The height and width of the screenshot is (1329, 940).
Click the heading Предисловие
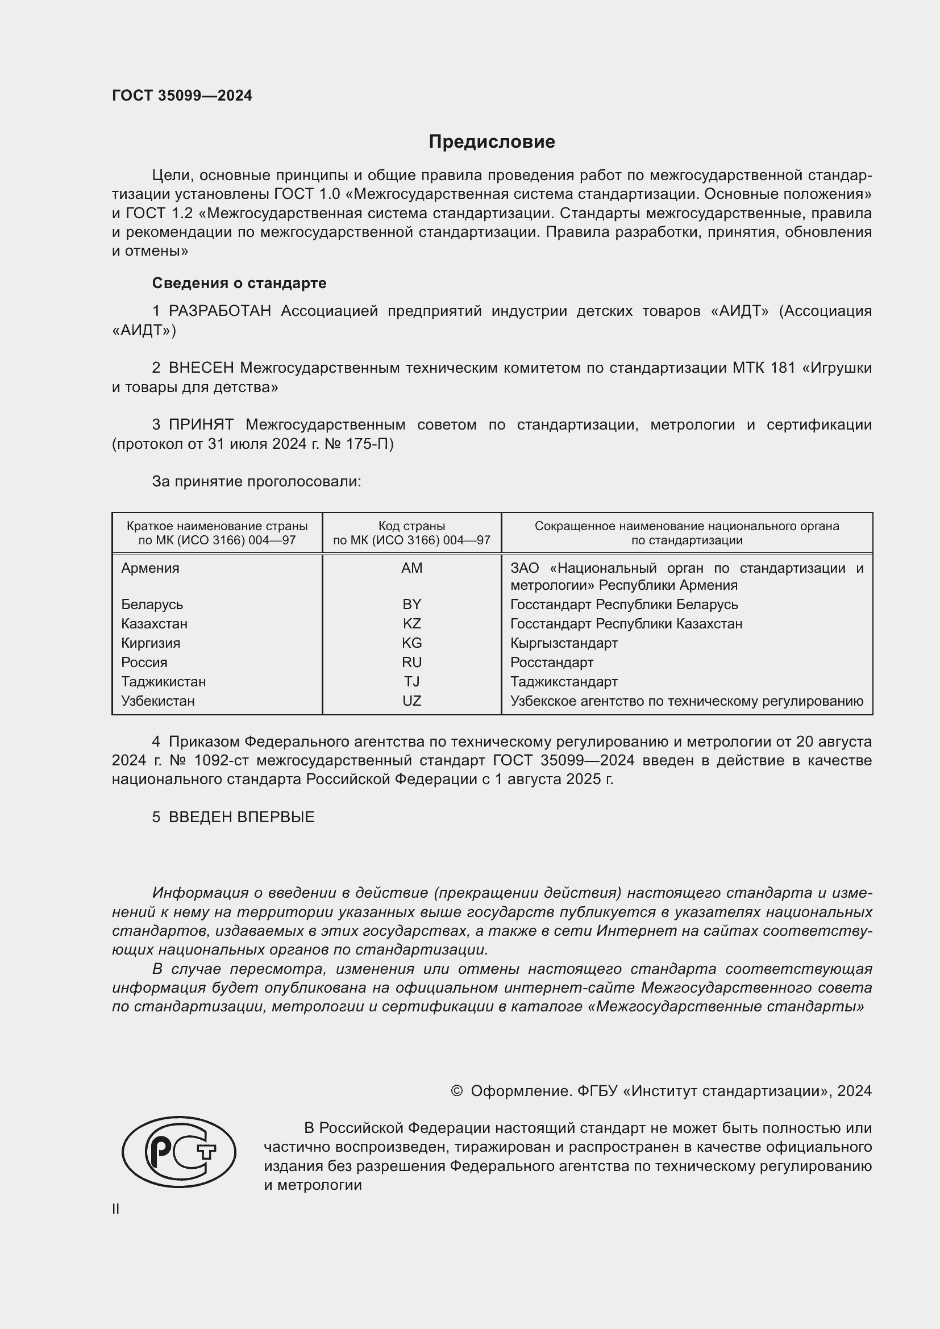pyautogui.click(x=492, y=142)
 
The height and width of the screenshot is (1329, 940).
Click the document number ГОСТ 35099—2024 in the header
pyautogui.click(x=182, y=95)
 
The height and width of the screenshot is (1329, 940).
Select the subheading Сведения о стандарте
pyautogui.click(x=239, y=283)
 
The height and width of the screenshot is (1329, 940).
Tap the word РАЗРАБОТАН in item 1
pyautogui.click(x=219, y=311)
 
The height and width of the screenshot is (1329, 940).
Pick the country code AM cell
pyautogui.click(x=411, y=568)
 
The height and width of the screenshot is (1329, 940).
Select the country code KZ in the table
pyautogui.click(x=411, y=624)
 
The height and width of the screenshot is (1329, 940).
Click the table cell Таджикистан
pyautogui.click(x=163, y=682)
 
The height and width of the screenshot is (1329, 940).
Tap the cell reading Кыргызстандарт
pyautogui.click(x=564, y=643)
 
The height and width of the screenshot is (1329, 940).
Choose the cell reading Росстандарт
pyautogui.click(x=552, y=662)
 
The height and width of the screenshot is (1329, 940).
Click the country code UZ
pyautogui.click(x=411, y=701)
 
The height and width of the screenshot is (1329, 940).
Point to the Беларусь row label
pyautogui.click(x=152, y=605)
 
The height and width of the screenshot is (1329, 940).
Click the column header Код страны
pyautogui.click(x=411, y=526)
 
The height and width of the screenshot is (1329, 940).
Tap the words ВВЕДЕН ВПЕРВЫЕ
pyautogui.click(x=242, y=817)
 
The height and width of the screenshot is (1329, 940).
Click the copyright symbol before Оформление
pyautogui.click(x=456, y=1091)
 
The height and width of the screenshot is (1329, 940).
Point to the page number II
pyautogui.click(x=116, y=1209)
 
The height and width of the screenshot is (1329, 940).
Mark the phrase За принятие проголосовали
pyautogui.click(x=256, y=482)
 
